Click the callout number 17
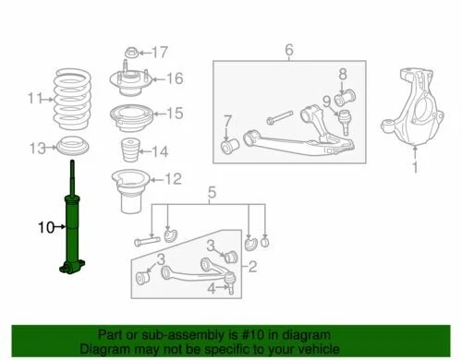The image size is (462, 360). pyautogui.click(x=160, y=51)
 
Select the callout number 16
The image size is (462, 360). pyautogui.click(x=175, y=78)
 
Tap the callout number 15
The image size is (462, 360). pyautogui.click(x=175, y=114)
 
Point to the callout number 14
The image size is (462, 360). pyautogui.click(x=161, y=150)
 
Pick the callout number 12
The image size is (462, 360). pyautogui.click(x=174, y=179)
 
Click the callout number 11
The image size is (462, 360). pyautogui.click(x=35, y=98)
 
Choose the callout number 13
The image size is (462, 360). pyautogui.click(x=37, y=149)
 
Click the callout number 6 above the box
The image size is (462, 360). pyautogui.click(x=288, y=49)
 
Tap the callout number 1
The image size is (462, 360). pyautogui.click(x=415, y=168)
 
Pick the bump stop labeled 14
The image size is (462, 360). pyautogui.click(x=129, y=150)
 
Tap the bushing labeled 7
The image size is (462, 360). pyautogui.click(x=226, y=147)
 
